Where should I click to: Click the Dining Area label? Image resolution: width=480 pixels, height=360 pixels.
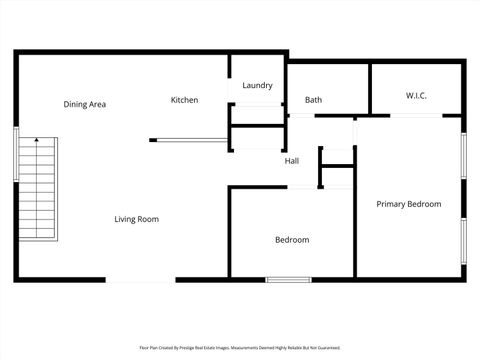pos(85,104)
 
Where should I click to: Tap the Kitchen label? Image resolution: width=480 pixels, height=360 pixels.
pos(184,100)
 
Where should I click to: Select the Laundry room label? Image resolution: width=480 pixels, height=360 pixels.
pos(257,86)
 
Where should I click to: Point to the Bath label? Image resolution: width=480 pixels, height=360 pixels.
pos(313,100)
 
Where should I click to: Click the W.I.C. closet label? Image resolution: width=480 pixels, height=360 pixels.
pos(416,96)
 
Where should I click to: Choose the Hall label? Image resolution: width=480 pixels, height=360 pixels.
pos(291,161)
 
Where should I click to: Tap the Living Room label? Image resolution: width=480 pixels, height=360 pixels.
pos(136,219)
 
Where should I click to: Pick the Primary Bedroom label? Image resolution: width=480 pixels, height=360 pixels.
pos(408,204)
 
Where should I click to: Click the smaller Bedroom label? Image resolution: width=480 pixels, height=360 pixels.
pos(292,240)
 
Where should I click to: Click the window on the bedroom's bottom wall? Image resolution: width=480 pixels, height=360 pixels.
pos(287,279)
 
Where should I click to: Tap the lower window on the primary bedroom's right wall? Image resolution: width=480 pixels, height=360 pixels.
pos(463,241)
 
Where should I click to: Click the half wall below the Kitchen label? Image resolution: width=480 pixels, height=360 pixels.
pos(187,140)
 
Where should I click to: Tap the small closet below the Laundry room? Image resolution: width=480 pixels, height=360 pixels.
pos(257,137)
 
